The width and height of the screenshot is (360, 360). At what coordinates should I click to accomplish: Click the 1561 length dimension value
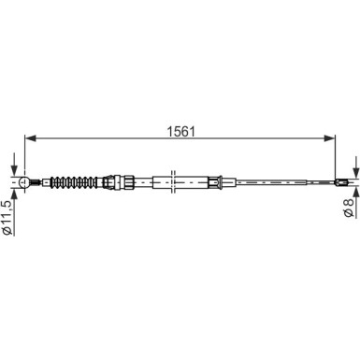(180, 132)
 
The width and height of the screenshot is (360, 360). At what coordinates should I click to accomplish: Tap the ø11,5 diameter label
(7, 217)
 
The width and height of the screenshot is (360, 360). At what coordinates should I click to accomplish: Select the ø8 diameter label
(349, 207)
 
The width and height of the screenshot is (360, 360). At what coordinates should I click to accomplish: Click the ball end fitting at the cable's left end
(24, 182)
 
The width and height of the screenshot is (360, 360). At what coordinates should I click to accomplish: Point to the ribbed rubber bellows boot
(74, 182)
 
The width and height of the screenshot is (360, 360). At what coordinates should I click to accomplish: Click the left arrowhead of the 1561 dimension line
(31, 138)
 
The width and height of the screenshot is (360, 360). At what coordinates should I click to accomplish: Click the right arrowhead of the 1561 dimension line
(329, 138)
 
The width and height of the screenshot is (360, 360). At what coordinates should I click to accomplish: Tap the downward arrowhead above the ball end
(14, 171)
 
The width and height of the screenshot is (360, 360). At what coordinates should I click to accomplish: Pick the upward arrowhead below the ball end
(14, 194)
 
